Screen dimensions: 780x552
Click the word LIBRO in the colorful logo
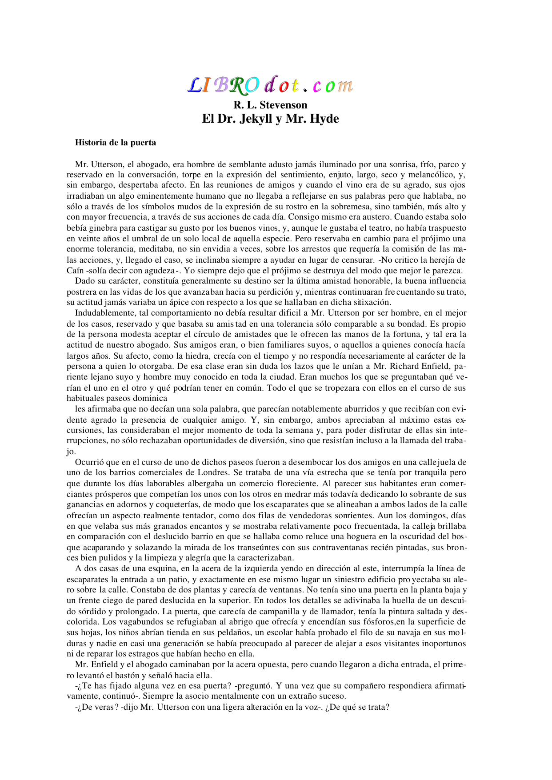(x=224, y=85)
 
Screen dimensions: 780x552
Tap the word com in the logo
(x=332, y=85)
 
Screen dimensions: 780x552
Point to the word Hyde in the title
(x=324, y=119)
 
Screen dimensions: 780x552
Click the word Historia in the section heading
(x=90, y=143)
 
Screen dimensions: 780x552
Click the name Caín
(x=75, y=271)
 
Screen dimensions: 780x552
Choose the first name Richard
(x=404, y=366)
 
